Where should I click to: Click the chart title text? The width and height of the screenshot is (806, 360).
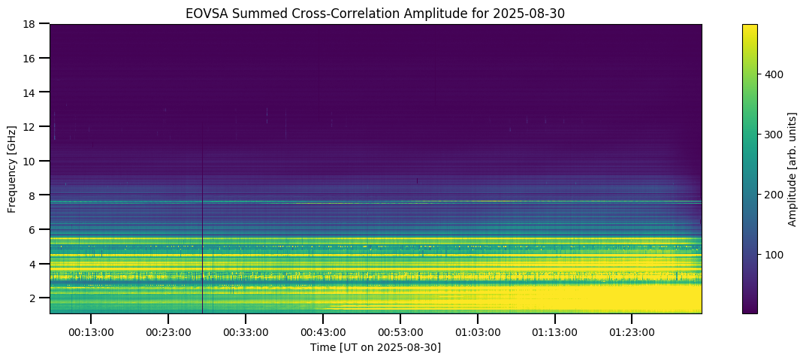coord(375,13)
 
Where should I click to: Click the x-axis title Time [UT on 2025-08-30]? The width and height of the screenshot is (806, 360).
coord(375,347)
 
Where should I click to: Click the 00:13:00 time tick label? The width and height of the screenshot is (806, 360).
coord(91,331)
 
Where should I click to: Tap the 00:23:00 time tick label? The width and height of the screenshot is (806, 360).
coord(168,331)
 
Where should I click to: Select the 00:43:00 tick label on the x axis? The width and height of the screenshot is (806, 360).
coord(323,331)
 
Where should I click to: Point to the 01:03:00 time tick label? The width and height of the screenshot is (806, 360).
coord(478,331)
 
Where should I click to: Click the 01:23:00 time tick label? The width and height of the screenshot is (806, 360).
coord(632,331)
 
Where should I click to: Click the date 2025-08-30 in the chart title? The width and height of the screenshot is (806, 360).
coord(535,13)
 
